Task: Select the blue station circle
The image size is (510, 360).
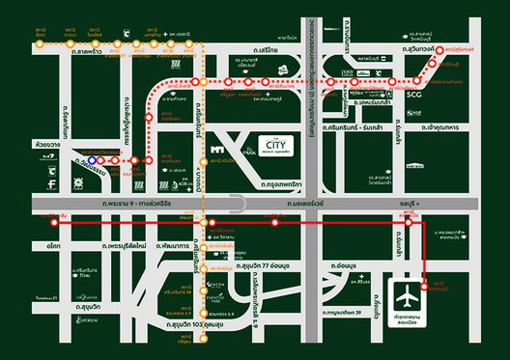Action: pyautogui.click(x=89, y=151)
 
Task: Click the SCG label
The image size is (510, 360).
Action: pyautogui.click(x=413, y=96)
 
